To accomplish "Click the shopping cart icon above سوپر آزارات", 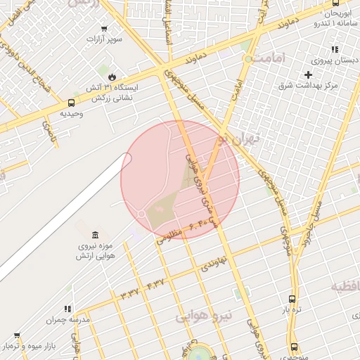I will click(x=104, y=29).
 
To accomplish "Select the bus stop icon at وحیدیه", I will click(x=70, y=103).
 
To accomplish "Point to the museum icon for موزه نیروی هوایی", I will click(x=95, y=234).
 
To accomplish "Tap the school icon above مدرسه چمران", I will click(x=68, y=309).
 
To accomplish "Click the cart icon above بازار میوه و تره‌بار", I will click(x=17, y=336).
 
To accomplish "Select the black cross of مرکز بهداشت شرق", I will click(x=308, y=75).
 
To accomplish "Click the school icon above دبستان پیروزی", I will click(x=335, y=50).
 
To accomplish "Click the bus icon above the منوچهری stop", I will click(x=294, y=347).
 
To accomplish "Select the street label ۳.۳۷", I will click(x=131, y=290).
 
